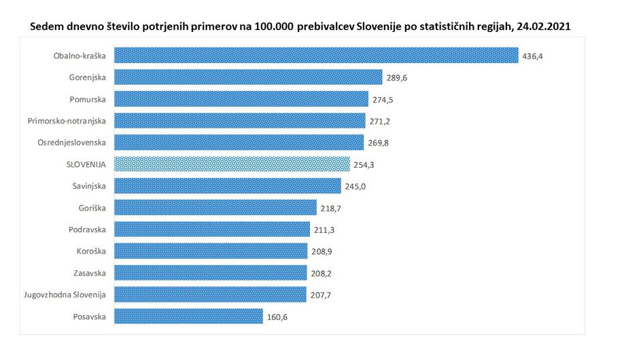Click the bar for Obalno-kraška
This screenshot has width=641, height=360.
(x=316, y=55)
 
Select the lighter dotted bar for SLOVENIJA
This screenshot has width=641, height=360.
(x=232, y=164)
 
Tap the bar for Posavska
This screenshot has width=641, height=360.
(x=188, y=316)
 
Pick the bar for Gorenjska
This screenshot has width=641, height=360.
(x=248, y=77)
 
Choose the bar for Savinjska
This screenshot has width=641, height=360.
(x=227, y=185)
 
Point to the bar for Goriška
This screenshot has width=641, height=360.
(x=215, y=207)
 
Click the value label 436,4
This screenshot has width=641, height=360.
(x=534, y=56)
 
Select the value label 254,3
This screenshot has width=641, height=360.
(x=365, y=164)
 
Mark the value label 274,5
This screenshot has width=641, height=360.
(x=383, y=99)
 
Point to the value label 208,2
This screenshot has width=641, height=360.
(x=322, y=273)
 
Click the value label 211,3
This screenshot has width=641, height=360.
(x=324, y=230)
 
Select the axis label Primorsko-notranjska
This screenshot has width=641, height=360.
(x=67, y=121)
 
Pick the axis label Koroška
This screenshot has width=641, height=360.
(x=91, y=251)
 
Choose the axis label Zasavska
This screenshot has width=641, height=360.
(x=89, y=273)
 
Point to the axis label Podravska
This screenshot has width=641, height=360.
(x=88, y=230)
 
